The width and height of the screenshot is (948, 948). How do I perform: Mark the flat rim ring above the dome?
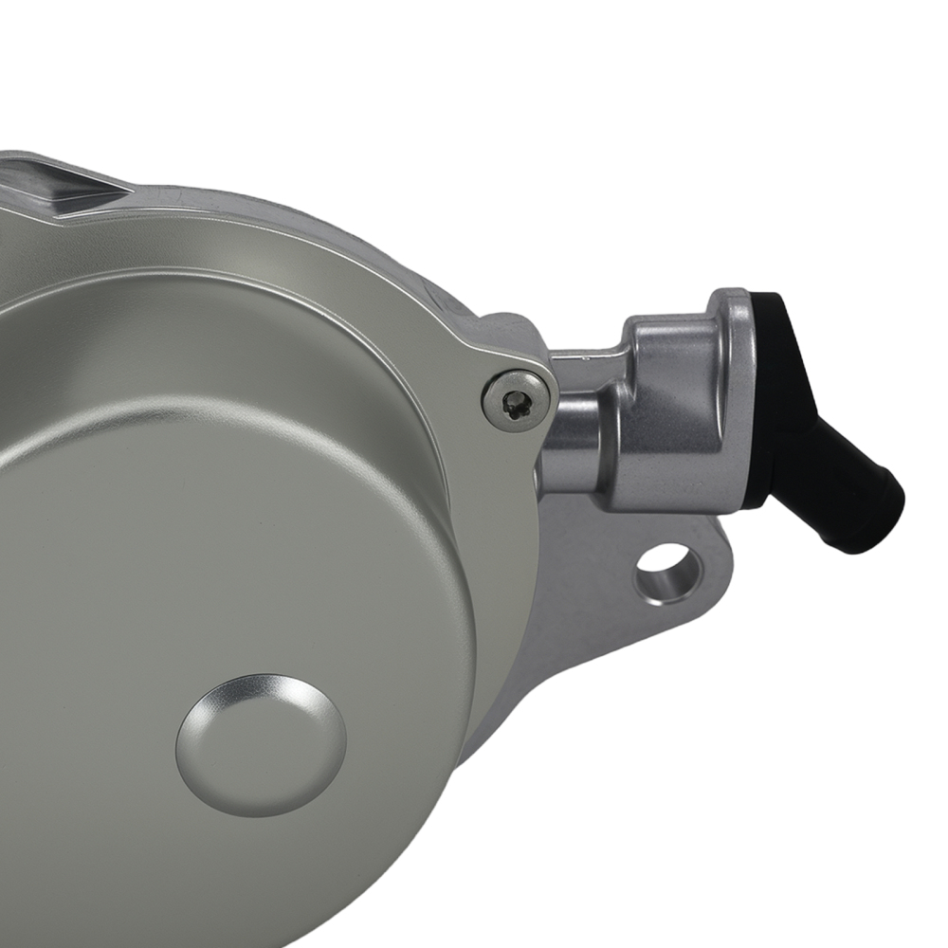(x=237, y=284)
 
